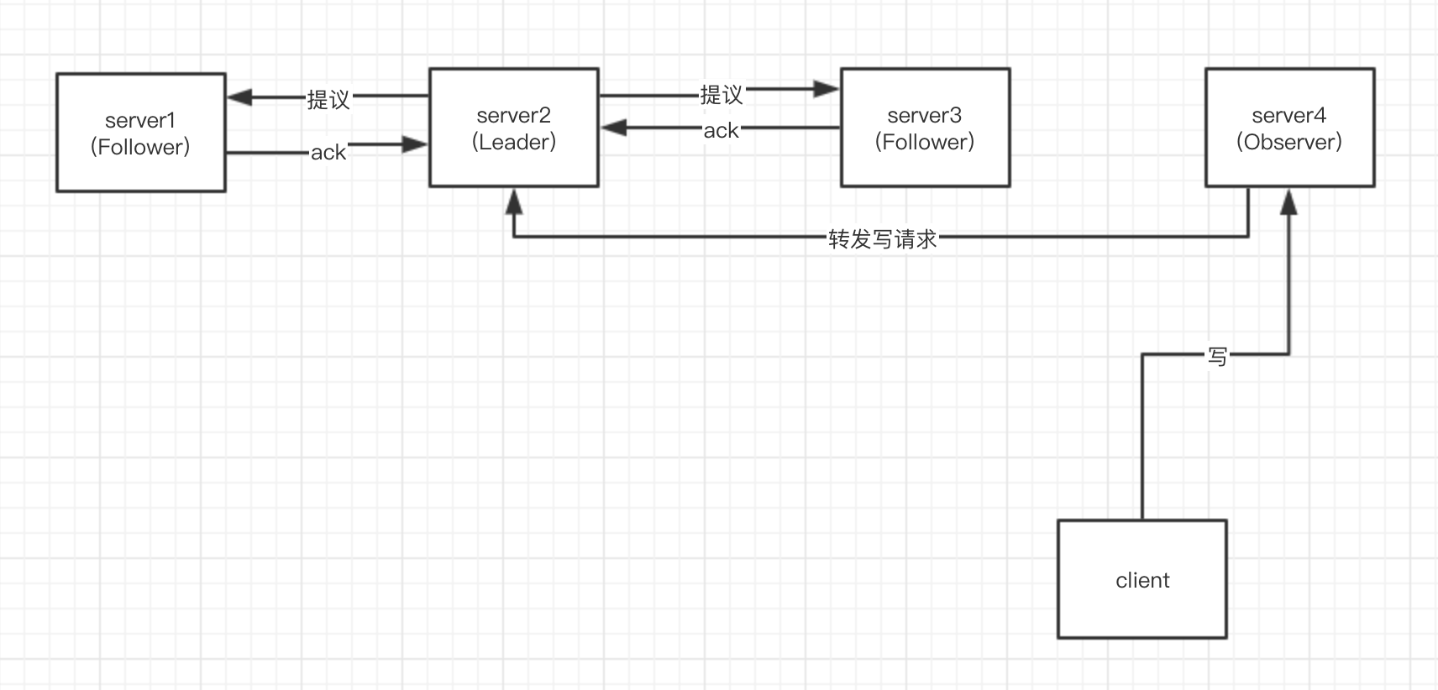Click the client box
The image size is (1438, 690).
tap(1142, 579)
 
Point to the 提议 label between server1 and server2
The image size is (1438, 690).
tap(328, 100)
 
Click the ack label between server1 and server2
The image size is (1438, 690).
tap(328, 153)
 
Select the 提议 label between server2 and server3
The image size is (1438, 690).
tap(722, 94)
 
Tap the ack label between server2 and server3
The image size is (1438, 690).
tap(722, 131)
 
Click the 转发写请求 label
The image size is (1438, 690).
tap(882, 239)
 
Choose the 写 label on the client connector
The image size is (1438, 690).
tap(1217, 357)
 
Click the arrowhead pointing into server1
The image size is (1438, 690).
tap(239, 97)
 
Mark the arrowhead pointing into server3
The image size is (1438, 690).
tap(827, 88)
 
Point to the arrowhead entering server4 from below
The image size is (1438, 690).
tap(1288, 201)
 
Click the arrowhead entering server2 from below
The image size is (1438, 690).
tap(514, 201)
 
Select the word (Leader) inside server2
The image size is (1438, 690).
tap(514, 142)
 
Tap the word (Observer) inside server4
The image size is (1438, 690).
tap(1289, 142)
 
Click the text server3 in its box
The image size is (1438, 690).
tap(925, 115)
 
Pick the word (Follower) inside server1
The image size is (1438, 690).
tap(140, 147)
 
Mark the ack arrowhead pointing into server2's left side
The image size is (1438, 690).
tap(415, 144)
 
